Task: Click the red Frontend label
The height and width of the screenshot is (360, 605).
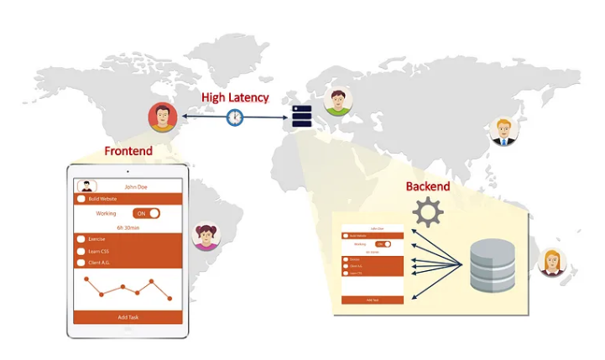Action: point(128,151)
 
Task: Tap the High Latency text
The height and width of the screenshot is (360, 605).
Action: point(235,97)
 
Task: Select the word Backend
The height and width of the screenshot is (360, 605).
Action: point(428,185)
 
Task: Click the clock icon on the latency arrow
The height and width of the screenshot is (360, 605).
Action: point(236,117)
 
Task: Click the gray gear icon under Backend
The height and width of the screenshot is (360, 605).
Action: point(428,212)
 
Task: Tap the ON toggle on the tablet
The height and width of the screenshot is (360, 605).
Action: point(147,213)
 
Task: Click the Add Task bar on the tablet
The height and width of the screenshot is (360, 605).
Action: point(128,317)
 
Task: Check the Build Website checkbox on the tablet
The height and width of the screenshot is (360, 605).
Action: point(81,199)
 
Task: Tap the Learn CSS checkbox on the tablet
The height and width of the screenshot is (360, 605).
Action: point(81,251)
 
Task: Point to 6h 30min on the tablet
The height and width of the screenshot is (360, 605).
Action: point(128,227)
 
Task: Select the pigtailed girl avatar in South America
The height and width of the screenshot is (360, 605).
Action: point(206,236)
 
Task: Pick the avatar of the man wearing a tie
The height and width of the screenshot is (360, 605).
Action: point(503,131)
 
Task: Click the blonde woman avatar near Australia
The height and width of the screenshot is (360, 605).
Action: point(552,263)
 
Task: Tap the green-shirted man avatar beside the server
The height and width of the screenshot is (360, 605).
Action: point(337,102)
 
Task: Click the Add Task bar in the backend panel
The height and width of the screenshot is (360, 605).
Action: point(372,300)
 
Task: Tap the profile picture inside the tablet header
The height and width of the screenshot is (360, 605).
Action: point(84,186)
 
